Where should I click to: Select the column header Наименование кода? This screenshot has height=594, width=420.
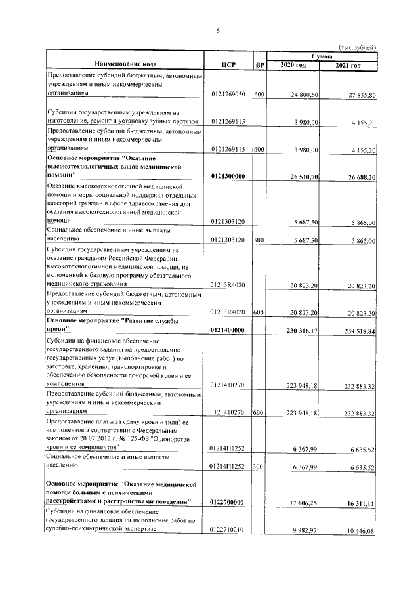pyautogui.click(x=125, y=64)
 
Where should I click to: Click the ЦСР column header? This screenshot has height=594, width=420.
pyautogui.click(x=229, y=64)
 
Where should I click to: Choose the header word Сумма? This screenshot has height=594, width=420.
pyautogui.click(x=322, y=58)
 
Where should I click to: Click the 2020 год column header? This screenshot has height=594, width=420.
pyautogui.click(x=293, y=66)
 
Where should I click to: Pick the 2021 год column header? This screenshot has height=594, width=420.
pyautogui.click(x=348, y=66)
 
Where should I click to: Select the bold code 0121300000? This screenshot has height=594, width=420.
pyautogui.click(x=228, y=177)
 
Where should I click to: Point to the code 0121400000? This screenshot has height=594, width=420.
pyautogui.click(x=228, y=331)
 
